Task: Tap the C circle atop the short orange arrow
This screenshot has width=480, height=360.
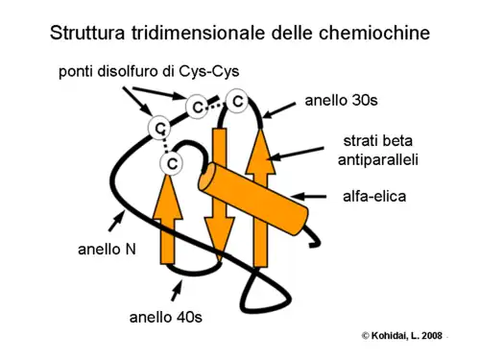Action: (x=171, y=165)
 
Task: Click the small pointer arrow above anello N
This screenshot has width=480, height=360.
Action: (x=120, y=222)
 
